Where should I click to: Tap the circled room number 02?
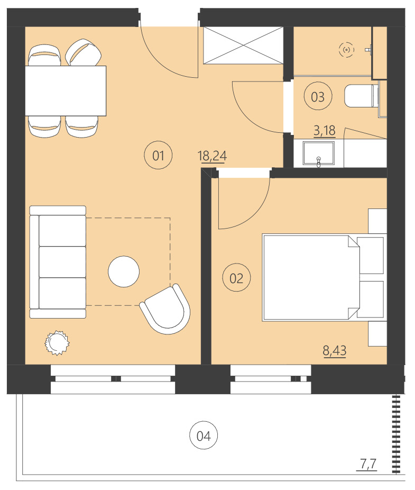point(236,278)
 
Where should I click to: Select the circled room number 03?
point(318,97)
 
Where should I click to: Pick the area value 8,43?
point(335,350)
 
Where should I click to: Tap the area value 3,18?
point(324,130)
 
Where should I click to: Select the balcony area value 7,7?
point(368,465)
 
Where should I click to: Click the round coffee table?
point(124,271)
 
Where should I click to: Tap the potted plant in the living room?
point(56,342)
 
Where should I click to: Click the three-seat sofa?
point(58,262)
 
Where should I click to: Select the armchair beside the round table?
point(165,309)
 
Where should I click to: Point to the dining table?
point(66,90)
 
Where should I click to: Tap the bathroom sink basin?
point(318,154)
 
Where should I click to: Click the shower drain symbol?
point(346,50)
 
